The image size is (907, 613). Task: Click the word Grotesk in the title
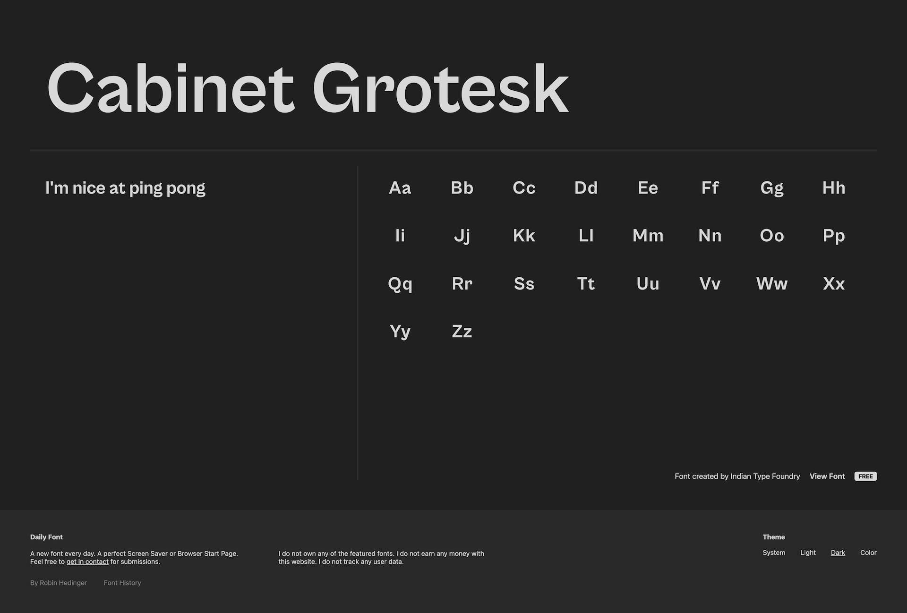pos(440,88)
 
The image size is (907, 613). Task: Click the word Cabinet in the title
pos(171,88)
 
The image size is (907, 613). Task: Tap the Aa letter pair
pos(400,188)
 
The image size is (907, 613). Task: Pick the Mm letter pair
pos(648,236)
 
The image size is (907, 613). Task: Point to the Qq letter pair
pos(400,284)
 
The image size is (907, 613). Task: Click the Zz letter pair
pos(462,332)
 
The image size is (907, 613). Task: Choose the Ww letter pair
pos(772,284)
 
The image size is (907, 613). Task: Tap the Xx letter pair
pos(834,284)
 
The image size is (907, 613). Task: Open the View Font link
pos(827,476)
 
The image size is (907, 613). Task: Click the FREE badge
pos(865,476)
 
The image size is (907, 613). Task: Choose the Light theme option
pos(808,553)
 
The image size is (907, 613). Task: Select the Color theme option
pos(868,553)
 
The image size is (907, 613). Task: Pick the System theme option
pos(774,553)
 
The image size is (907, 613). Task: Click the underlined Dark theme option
pos(838,553)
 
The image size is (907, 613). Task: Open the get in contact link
pos(87,562)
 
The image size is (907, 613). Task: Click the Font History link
pos(122,583)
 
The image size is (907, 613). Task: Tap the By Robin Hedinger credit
pos(59,583)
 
